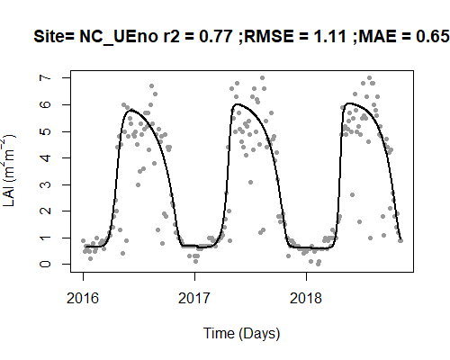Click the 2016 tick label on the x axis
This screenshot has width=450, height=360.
(x=83, y=298)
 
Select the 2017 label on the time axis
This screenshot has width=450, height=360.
(x=194, y=298)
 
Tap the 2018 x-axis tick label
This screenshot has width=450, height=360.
(x=306, y=298)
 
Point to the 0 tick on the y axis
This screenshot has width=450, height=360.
(x=45, y=264)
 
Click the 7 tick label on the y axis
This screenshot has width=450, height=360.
(x=45, y=77)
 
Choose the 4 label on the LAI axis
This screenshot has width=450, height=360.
(x=45, y=157)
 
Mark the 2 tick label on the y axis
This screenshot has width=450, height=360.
(x=45, y=211)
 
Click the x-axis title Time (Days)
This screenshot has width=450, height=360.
(x=242, y=334)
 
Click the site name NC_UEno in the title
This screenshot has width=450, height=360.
(x=119, y=37)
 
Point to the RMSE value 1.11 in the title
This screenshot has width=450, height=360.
(x=330, y=37)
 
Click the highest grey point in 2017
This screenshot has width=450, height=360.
(x=262, y=78)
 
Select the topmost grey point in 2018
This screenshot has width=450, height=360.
(x=369, y=78)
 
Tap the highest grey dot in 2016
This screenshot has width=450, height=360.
(x=151, y=86)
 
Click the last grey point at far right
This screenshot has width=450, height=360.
(x=400, y=240)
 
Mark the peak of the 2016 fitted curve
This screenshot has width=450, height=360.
(x=131, y=110)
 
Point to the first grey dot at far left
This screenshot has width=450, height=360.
(x=83, y=240)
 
